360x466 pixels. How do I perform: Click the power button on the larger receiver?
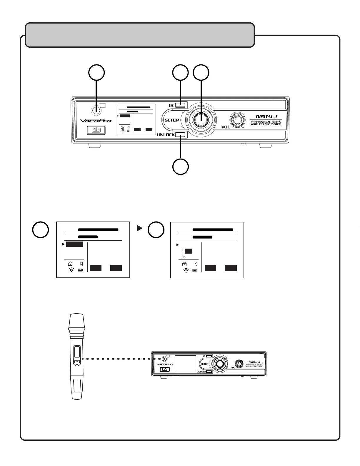pos(96,130)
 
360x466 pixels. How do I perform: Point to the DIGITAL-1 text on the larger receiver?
pos(266,117)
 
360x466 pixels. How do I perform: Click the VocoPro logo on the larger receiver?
pos(96,121)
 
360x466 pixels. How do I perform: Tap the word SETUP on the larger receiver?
pos(172,120)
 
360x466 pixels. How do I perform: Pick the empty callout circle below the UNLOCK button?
pos(180,167)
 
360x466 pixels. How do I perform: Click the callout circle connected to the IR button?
pos(180,73)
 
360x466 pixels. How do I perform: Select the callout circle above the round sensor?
pos(97,73)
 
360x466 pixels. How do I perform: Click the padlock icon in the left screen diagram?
pos(70,264)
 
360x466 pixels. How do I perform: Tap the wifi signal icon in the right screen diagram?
pos(186,270)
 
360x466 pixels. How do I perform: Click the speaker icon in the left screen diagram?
pos(81,264)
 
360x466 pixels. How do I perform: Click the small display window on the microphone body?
pos(77,352)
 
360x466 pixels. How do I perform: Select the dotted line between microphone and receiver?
pos(121,359)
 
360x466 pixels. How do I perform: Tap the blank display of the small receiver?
pos(185,364)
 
